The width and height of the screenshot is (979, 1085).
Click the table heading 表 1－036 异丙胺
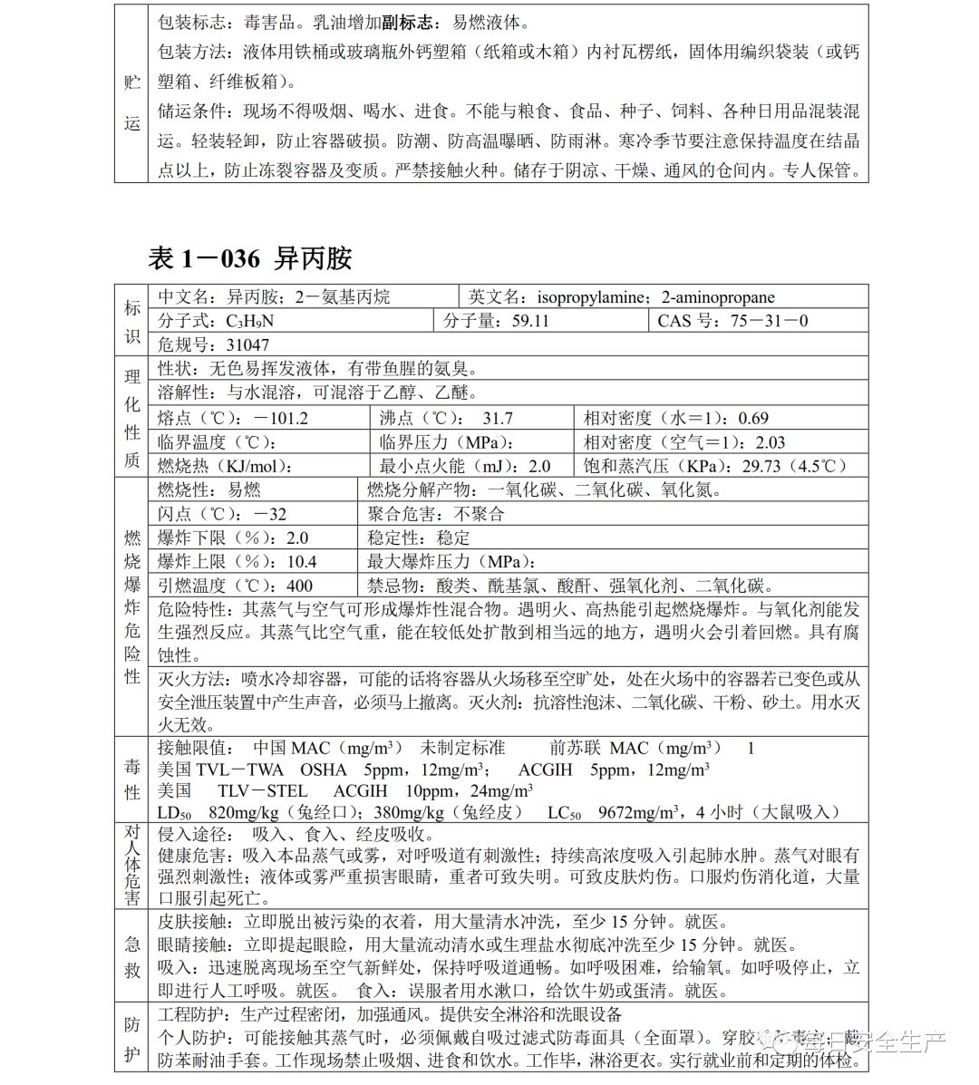point(249,259)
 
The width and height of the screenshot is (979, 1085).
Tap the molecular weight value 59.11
point(530,321)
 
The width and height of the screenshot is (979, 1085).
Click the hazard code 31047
point(247,344)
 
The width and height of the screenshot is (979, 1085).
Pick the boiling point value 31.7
point(497,418)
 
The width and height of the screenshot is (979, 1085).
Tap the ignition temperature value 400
point(298,586)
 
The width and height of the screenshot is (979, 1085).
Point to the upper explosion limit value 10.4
point(301,562)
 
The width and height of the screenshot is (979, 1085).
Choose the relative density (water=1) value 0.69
point(753,418)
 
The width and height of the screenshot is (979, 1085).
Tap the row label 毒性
point(132,780)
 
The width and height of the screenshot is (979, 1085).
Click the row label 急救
point(132,955)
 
